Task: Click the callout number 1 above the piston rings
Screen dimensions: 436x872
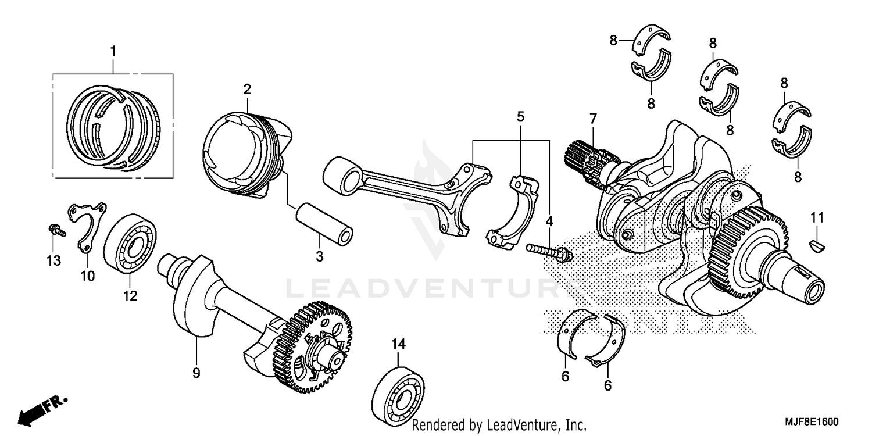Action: pos(113,52)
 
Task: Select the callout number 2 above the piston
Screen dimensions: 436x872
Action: pos(247,89)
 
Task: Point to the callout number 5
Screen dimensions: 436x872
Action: pos(520,116)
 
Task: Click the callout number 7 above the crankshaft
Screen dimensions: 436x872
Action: pos(592,119)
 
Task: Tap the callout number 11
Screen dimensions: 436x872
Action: pos(817,218)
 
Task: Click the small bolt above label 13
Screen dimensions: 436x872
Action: pos(56,230)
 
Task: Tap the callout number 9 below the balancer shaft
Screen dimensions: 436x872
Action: pos(196,373)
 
